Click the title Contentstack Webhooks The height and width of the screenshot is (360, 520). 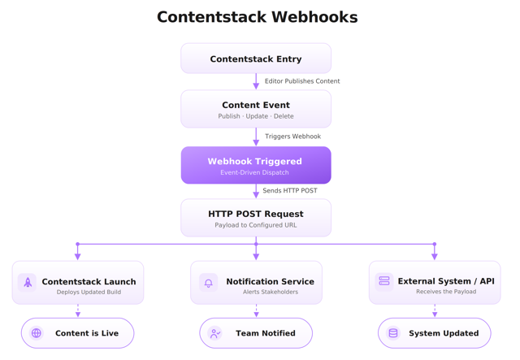coord(257,17)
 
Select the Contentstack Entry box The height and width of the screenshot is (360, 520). coord(256,59)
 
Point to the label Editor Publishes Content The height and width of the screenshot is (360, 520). coord(302,81)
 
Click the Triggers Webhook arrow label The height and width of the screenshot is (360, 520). coord(292,137)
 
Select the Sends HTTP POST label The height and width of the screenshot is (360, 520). coord(290,191)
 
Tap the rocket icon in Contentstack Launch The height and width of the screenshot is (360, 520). coord(28,282)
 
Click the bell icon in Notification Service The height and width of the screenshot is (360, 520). coord(209,282)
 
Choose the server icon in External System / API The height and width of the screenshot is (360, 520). coord(384,281)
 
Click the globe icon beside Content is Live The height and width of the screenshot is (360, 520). coord(37,333)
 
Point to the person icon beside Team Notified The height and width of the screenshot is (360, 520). coord(214,333)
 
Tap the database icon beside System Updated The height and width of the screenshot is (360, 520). coord(393,333)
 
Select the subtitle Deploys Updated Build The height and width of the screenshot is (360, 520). coord(89,292)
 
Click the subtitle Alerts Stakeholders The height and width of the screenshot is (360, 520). coord(271,292)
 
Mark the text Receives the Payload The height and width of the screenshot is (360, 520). coord(446,291)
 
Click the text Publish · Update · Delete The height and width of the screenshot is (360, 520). coord(256,116)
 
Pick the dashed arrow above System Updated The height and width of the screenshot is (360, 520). coord(435,310)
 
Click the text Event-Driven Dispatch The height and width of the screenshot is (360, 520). coord(254,172)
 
